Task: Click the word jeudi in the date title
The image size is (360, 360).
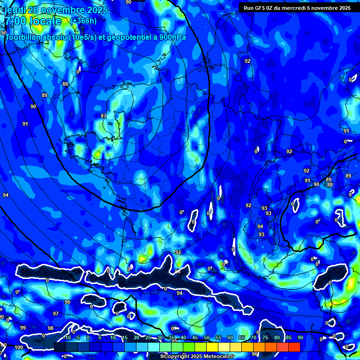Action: point(15,10)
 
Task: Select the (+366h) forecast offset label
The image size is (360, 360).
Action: point(83,21)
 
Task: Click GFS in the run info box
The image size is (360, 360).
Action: point(261,8)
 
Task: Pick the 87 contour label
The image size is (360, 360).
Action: point(104,116)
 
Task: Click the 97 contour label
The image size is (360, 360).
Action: point(56,314)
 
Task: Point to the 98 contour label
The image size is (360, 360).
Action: point(51,328)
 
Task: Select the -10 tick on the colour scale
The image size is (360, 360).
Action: point(67,337)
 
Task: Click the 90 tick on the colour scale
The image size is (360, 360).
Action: point(300,337)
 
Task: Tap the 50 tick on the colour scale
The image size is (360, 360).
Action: point(207,337)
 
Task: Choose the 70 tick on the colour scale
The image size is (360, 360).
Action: point(254,337)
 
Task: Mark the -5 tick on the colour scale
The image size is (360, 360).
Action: point(78,337)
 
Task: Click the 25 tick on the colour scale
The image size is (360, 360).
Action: point(148,337)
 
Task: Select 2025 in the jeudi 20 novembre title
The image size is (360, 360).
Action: point(97,10)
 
